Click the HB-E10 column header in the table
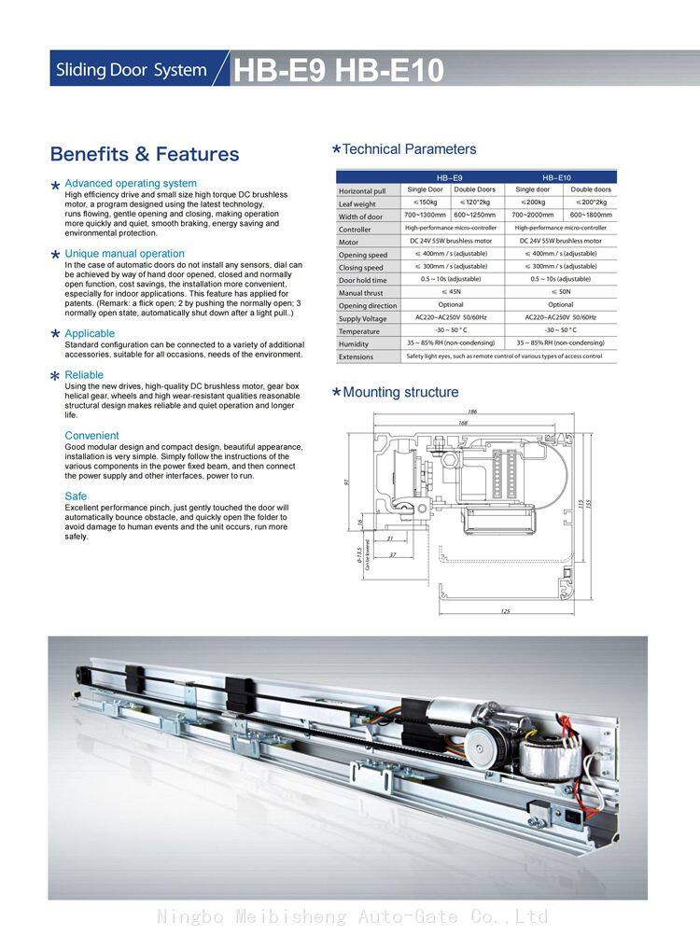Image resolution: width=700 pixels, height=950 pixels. tap(556, 176)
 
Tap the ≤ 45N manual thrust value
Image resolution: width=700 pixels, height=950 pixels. tap(451, 292)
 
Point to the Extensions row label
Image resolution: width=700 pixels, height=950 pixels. tap(356, 356)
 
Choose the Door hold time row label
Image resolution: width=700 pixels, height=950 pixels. tap(362, 280)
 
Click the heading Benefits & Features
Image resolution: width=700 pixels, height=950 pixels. tap(145, 154)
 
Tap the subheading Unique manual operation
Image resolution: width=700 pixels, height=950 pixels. tap(124, 254)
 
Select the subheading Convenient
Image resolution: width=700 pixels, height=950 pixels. tap(91, 436)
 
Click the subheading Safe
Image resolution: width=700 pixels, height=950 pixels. tap(76, 496)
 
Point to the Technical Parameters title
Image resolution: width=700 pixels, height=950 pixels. tap(409, 149)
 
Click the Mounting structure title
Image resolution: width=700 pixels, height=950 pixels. tap(400, 392)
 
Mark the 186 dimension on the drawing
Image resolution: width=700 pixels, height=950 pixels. tap(472, 412)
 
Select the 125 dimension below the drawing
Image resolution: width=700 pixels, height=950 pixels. tap(505, 611)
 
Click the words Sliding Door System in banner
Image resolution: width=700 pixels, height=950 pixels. tap(131, 71)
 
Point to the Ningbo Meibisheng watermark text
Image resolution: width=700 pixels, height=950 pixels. tap(352, 916)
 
